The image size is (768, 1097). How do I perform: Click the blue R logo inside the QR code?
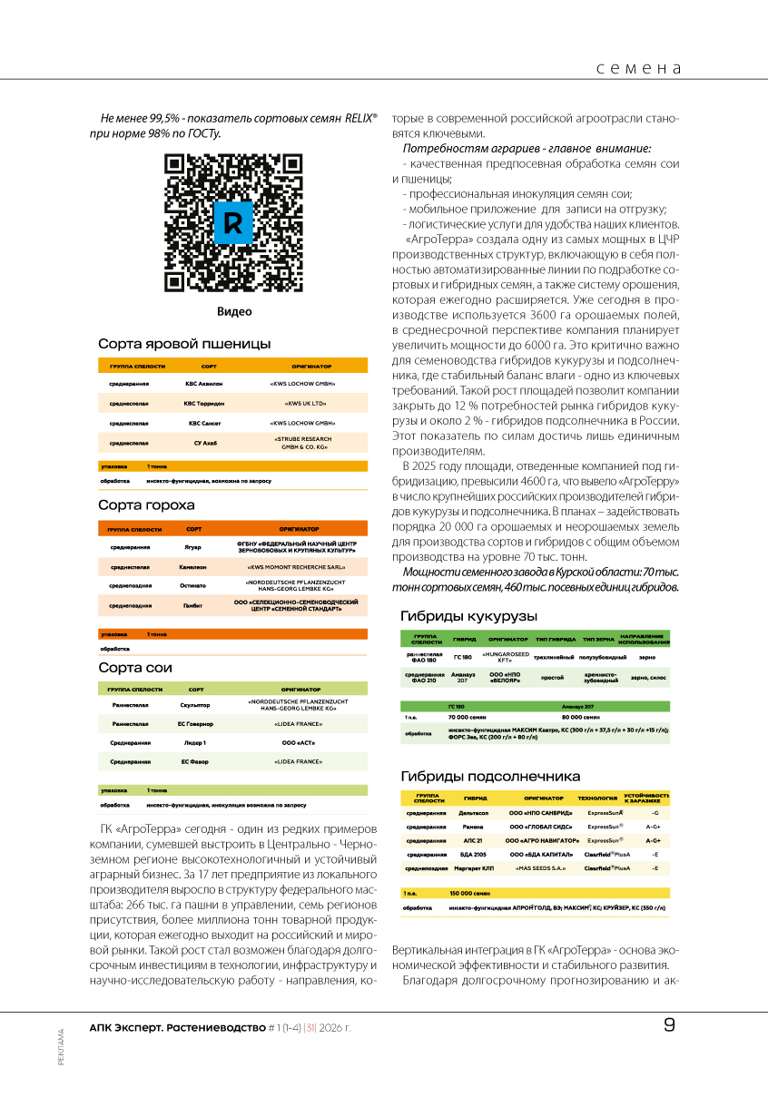232,222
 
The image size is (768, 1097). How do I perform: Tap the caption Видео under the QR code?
233,312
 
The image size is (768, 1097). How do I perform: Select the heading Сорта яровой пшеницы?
184,344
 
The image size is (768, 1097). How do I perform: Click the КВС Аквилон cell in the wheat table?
204,383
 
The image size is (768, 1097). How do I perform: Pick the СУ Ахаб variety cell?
204,443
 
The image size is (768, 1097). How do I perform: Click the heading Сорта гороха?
146,504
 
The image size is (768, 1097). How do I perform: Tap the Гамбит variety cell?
192,605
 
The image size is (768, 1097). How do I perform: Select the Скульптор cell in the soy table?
194,704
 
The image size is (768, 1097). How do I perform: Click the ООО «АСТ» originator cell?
299,743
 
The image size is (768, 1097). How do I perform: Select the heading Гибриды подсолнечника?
490,776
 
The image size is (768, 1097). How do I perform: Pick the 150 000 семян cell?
469,894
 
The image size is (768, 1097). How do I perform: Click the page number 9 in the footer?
670,1026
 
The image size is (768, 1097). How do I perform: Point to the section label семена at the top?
639,68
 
